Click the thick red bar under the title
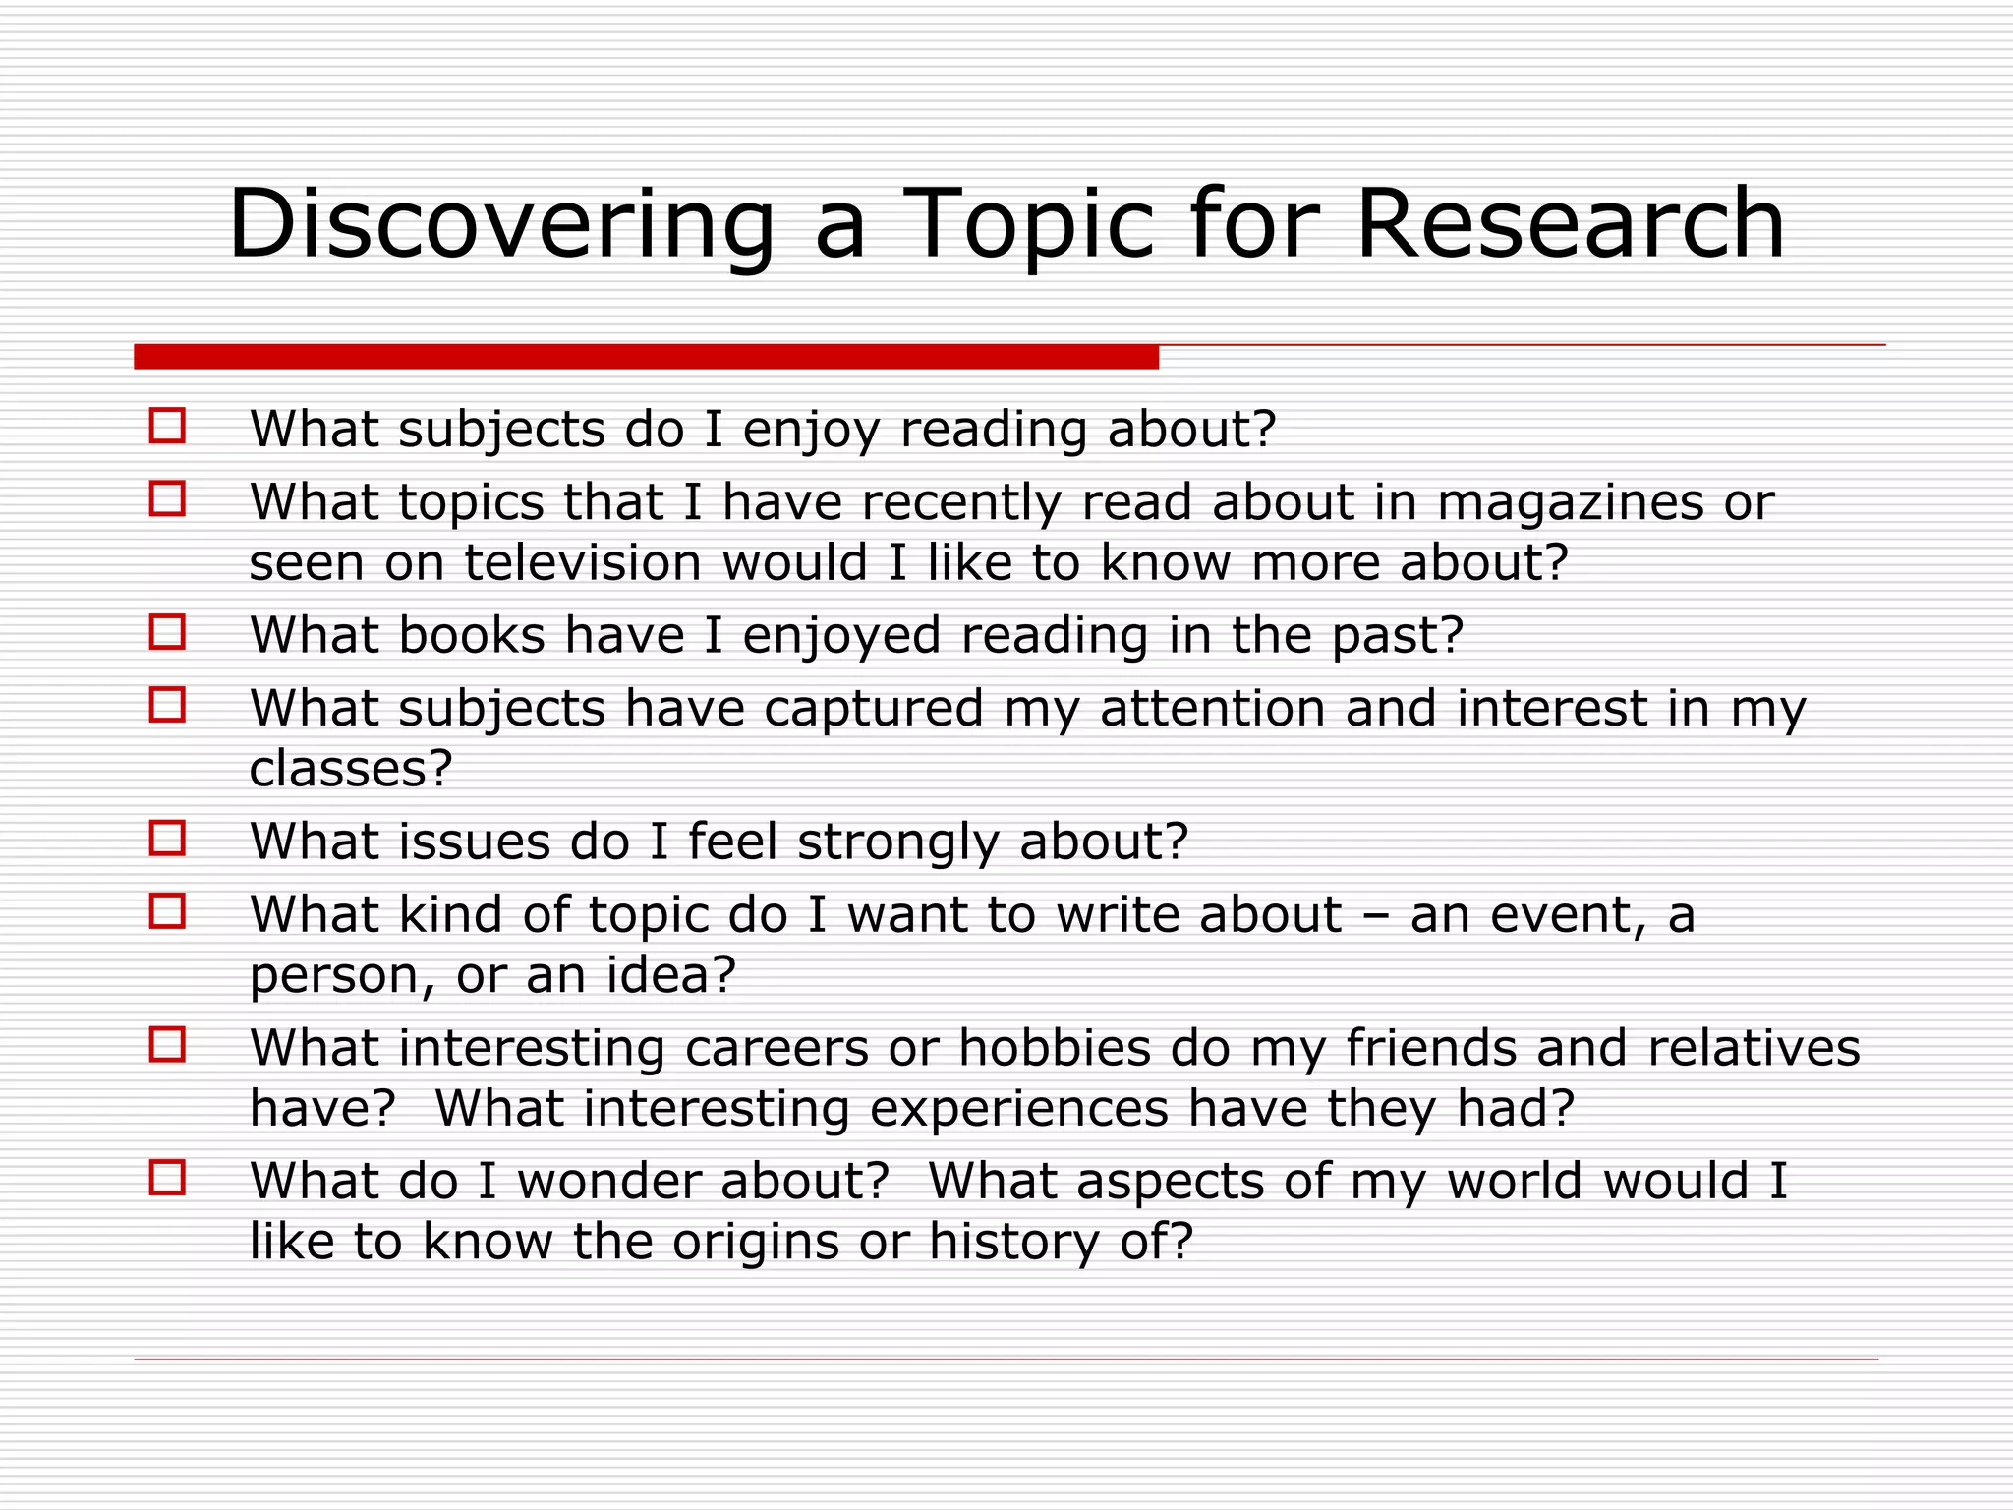646,357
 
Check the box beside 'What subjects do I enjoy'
167,427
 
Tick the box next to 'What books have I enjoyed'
167,632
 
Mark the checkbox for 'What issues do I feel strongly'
167,839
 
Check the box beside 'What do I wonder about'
167,1178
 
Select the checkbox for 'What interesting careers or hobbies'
167,1044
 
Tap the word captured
873,708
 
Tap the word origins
755,1242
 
